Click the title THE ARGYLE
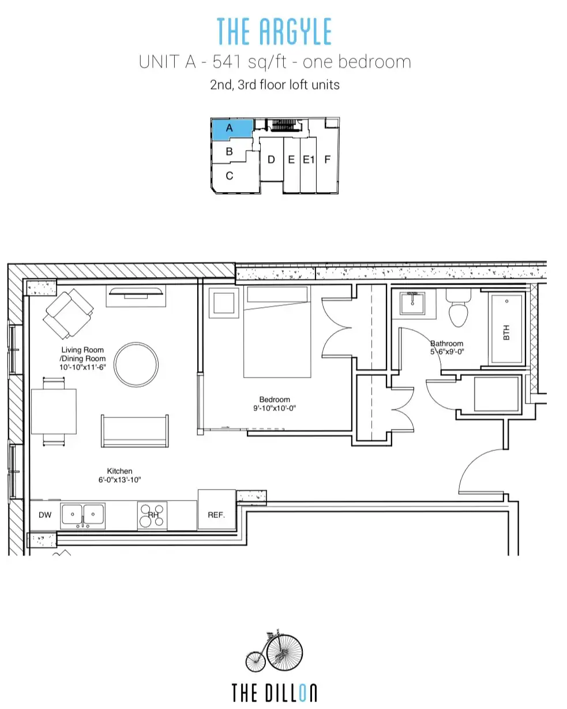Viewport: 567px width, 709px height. tap(274, 31)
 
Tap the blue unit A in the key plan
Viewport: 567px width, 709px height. tap(232, 129)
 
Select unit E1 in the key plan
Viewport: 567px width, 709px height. tap(309, 160)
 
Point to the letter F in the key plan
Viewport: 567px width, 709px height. tap(327, 159)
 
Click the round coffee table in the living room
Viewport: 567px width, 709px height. tap(136, 365)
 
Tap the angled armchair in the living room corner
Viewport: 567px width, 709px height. tap(68, 314)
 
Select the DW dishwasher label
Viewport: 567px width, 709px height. tap(45, 515)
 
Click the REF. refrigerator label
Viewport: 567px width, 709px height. tap(216, 515)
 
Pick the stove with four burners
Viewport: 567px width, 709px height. tap(152, 516)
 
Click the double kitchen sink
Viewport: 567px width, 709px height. tap(82, 516)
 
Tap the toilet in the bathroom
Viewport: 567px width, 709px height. tap(458, 308)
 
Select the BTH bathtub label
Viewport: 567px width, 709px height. tap(506, 333)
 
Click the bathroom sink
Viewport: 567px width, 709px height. tap(412, 304)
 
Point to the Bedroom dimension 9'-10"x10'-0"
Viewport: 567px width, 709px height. tap(275, 408)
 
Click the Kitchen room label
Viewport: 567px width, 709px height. tap(119, 471)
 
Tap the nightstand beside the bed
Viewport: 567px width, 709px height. tap(224, 303)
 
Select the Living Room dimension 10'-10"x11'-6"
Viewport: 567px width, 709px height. tap(82, 367)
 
